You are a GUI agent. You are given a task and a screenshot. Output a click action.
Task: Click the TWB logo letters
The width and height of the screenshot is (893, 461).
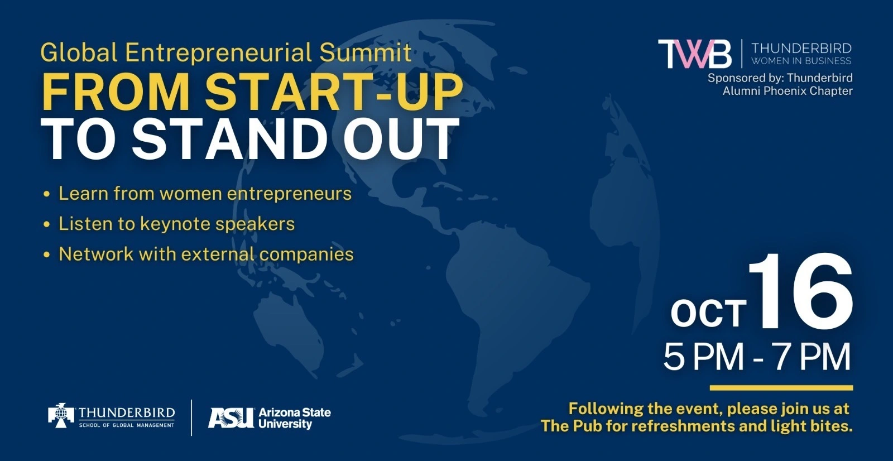point(694,54)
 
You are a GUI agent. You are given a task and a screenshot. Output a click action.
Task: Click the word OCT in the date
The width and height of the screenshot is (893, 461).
point(708,313)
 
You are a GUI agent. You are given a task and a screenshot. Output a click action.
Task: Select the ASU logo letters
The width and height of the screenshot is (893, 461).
point(231,417)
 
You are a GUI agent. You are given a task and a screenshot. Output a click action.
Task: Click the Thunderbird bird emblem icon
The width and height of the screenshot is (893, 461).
point(61,416)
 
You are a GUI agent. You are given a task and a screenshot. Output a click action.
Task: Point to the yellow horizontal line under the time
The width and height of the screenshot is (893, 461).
point(781,388)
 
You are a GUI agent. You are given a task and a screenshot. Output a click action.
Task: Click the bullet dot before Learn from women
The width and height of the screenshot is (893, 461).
point(47,194)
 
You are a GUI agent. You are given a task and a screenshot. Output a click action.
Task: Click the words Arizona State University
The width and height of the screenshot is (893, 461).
point(295,418)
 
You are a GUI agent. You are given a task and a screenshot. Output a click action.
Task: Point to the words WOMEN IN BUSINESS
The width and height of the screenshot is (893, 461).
point(801,61)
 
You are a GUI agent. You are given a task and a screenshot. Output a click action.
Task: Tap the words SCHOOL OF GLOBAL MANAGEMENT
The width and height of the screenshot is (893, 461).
point(127,425)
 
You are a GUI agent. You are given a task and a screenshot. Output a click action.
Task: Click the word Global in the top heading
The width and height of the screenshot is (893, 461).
point(79,52)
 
